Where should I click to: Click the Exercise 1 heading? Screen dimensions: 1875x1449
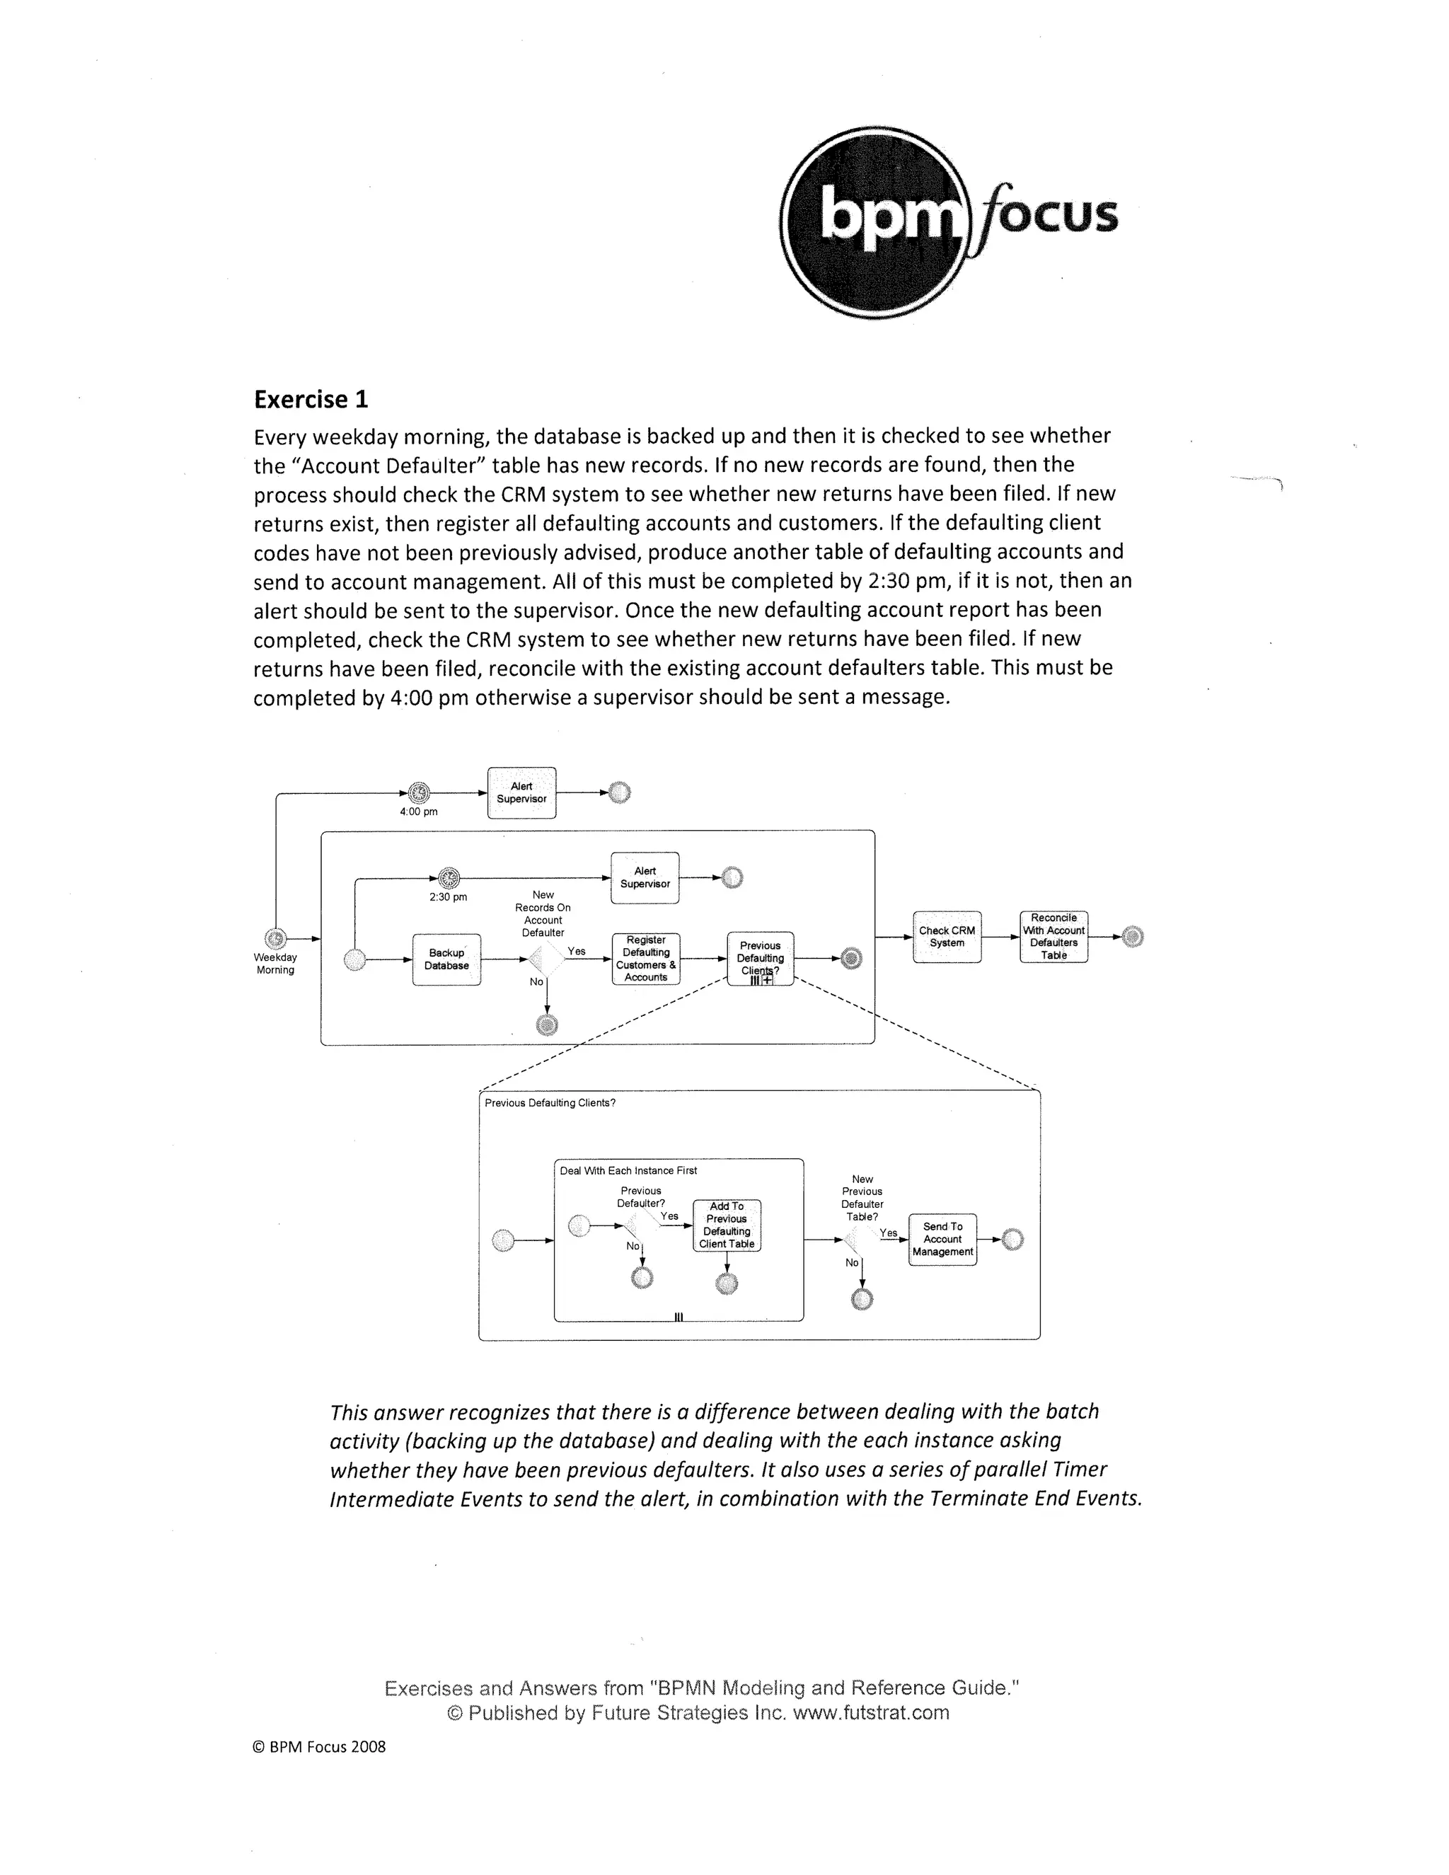point(311,399)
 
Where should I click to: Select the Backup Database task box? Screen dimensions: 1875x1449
point(446,959)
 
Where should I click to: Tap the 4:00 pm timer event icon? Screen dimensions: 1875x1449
point(418,793)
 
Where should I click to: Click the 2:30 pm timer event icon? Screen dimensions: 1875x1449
point(448,878)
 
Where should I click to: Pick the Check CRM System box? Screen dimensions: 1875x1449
point(947,937)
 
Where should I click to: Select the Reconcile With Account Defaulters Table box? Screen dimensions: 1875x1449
point(1053,937)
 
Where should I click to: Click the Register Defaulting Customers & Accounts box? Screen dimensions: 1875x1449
point(645,959)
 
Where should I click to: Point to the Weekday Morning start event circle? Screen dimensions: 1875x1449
point(275,938)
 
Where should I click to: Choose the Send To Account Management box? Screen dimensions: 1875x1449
point(942,1239)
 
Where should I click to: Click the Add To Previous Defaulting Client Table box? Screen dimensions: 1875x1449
point(726,1225)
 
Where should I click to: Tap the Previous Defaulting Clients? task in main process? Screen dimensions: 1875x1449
point(761,958)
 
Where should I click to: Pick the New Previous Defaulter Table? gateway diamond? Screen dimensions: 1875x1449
point(862,1239)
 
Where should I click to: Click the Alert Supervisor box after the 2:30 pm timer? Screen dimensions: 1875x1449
point(645,877)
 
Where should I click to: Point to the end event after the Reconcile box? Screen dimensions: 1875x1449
point(1132,937)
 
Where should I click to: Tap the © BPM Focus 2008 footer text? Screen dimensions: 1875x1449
point(319,1746)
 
